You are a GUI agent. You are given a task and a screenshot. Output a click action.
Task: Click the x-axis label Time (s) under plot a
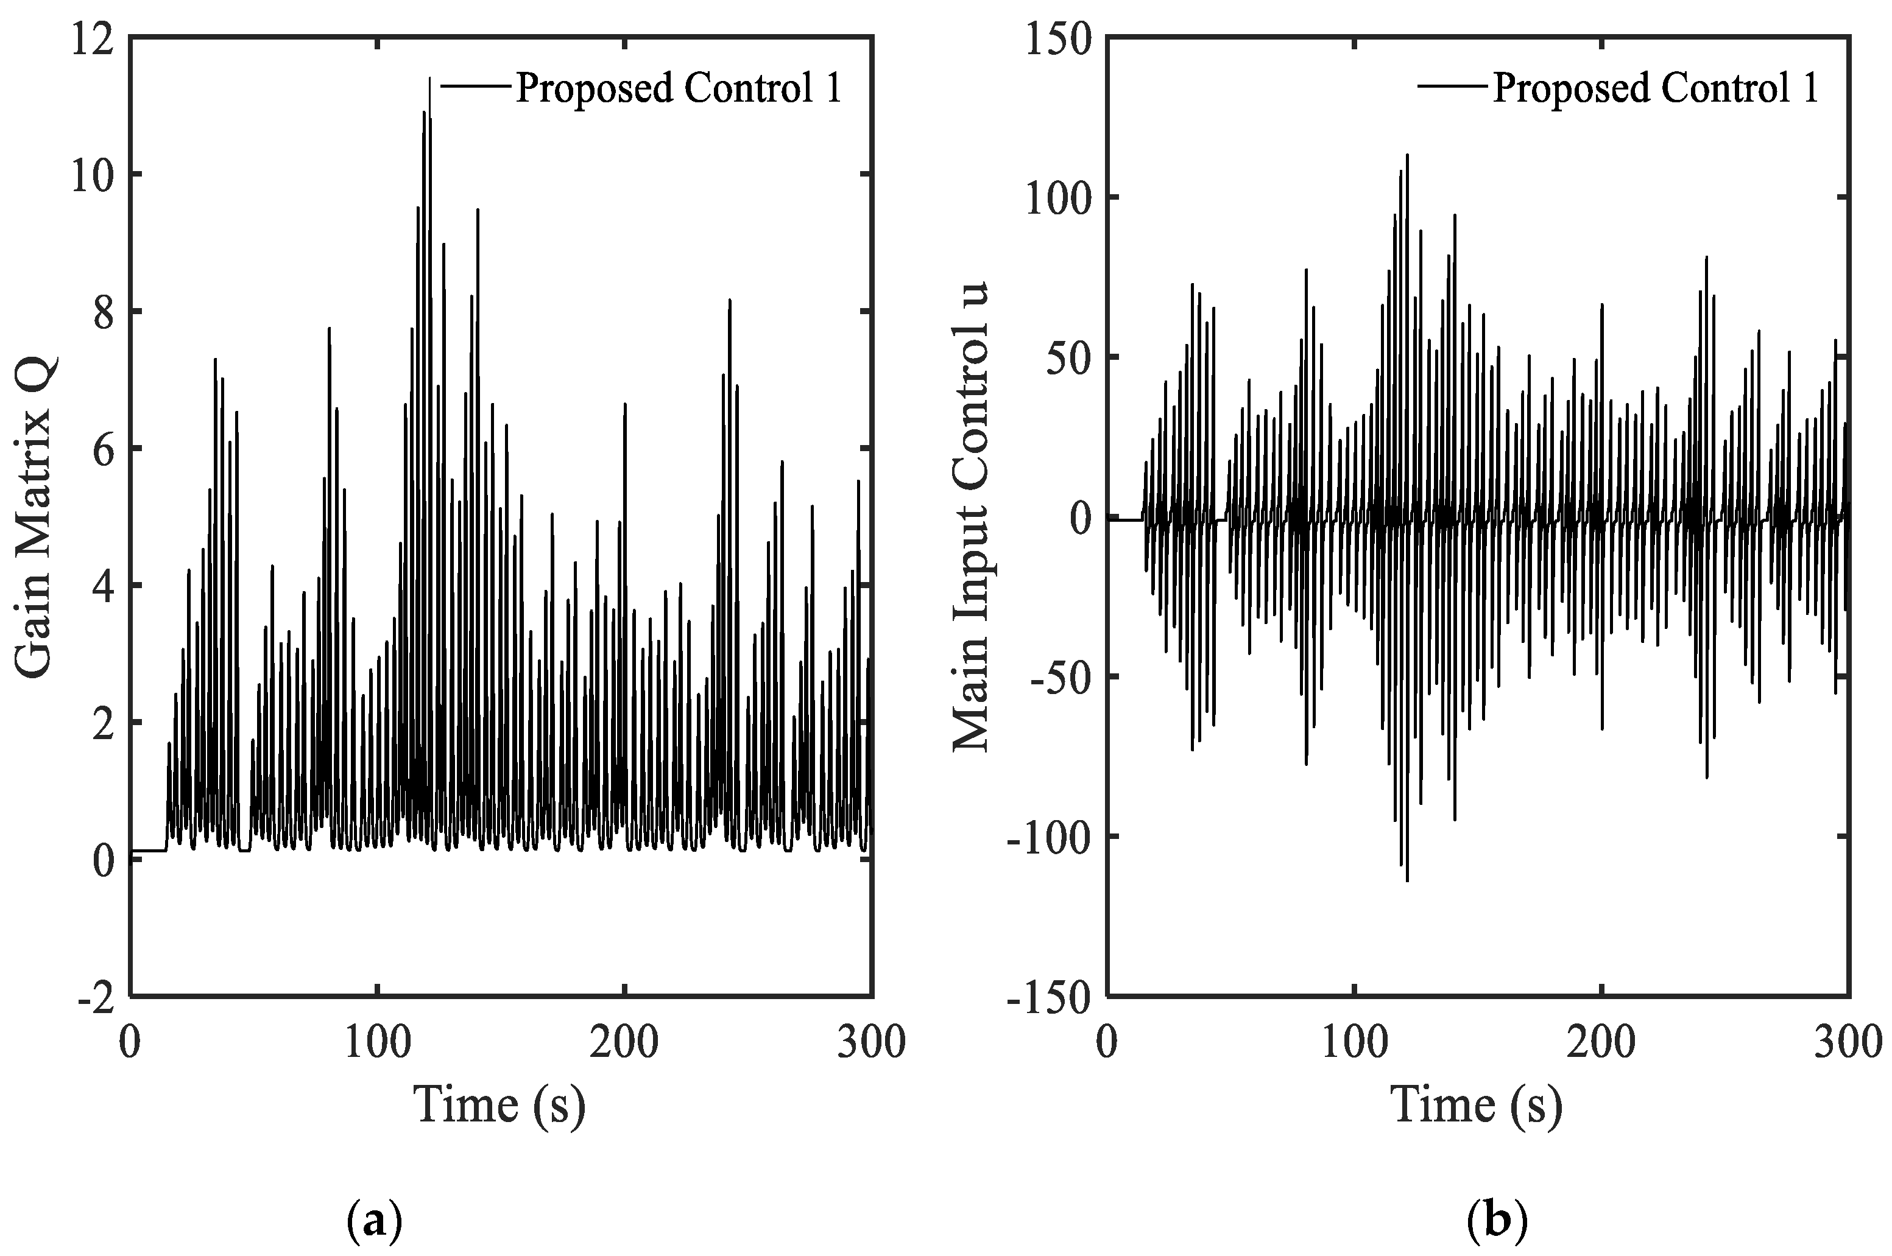[x=499, y=1104]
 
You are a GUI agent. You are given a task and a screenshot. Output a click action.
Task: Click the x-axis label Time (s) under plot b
[x=1477, y=1104]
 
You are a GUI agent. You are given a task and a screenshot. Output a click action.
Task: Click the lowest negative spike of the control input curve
[x=1407, y=880]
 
